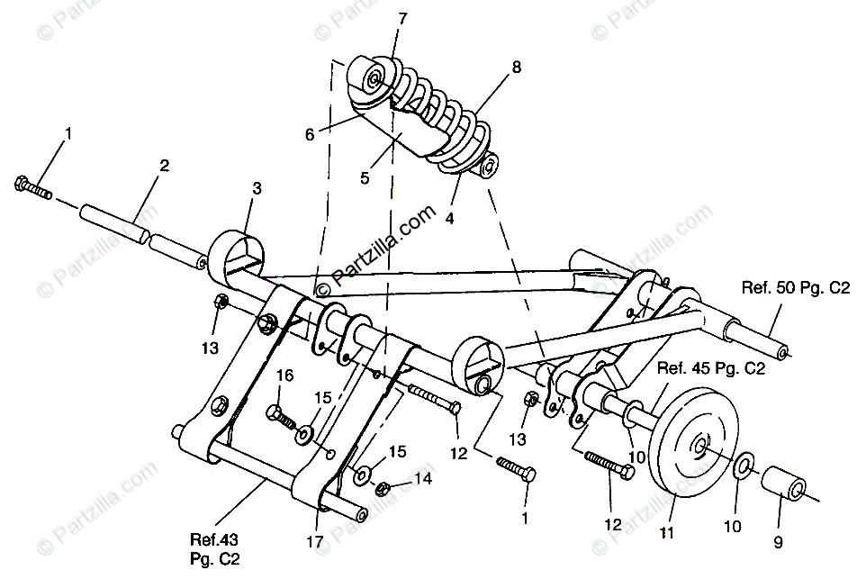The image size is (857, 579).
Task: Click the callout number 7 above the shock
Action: pos(401,17)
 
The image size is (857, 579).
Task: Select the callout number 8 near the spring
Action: pos(516,67)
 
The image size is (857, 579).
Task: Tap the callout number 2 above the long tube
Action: pos(165,166)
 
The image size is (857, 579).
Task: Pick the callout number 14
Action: pos(421,480)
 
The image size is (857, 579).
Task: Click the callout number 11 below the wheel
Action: pos(666,533)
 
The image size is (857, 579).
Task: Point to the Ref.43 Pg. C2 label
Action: pos(212,548)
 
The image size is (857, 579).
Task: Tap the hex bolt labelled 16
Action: pos(280,416)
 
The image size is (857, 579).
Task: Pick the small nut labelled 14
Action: pos(382,488)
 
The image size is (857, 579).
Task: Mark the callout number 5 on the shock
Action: pos(365,177)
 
